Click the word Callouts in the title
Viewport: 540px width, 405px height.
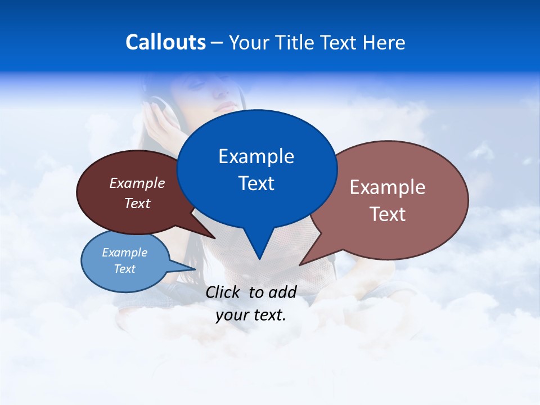pos(165,43)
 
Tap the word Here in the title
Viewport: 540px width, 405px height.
pos(385,43)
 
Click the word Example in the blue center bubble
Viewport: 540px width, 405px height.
pos(256,156)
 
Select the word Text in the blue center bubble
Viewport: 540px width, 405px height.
pos(256,183)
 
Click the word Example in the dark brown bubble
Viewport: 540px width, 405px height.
pos(137,183)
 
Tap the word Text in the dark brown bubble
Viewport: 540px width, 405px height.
pos(137,203)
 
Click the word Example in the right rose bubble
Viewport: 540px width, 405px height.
pos(388,187)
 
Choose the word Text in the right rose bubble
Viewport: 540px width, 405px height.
pos(388,214)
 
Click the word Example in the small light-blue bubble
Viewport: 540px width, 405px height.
pos(124,253)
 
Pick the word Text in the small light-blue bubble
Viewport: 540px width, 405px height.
pos(124,269)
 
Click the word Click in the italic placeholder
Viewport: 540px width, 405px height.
pos(224,292)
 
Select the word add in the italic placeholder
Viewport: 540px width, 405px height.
pos(282,292)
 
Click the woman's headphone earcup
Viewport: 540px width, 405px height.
pos(157,107)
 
